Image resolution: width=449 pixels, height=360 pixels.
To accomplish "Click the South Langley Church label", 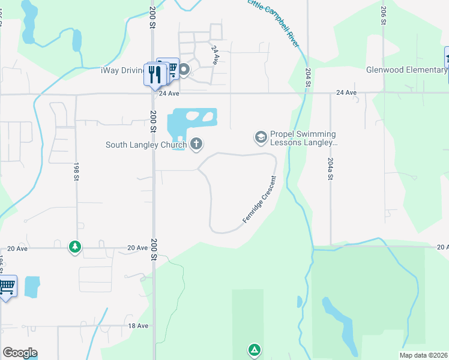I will (x=146, y=145).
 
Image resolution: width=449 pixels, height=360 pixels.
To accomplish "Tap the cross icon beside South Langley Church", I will (x=196, y=144).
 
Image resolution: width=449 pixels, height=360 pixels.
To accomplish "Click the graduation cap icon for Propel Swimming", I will (x=261, y=138).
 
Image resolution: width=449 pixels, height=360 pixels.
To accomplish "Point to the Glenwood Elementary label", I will (x=406, y=70).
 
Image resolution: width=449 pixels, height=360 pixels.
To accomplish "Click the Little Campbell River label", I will (x=273, y=23).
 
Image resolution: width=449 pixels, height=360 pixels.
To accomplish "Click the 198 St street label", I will (x=77, y=170).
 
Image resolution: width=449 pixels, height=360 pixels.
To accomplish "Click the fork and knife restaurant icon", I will (x=155, y=74).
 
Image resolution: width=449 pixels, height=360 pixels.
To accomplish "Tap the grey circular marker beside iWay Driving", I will (x=184, y=70).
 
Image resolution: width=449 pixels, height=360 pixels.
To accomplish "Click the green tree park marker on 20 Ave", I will (x=74, y=247).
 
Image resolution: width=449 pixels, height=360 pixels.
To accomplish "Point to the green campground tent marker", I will (x=255, y=349).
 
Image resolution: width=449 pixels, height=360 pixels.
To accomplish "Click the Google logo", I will (x=20, y=353).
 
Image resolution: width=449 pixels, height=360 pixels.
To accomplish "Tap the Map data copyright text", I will (x=424, y=355).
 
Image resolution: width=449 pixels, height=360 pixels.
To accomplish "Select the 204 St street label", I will (x=308, y=79).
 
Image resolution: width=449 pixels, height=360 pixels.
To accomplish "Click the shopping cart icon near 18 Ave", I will (x=7, y=287).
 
